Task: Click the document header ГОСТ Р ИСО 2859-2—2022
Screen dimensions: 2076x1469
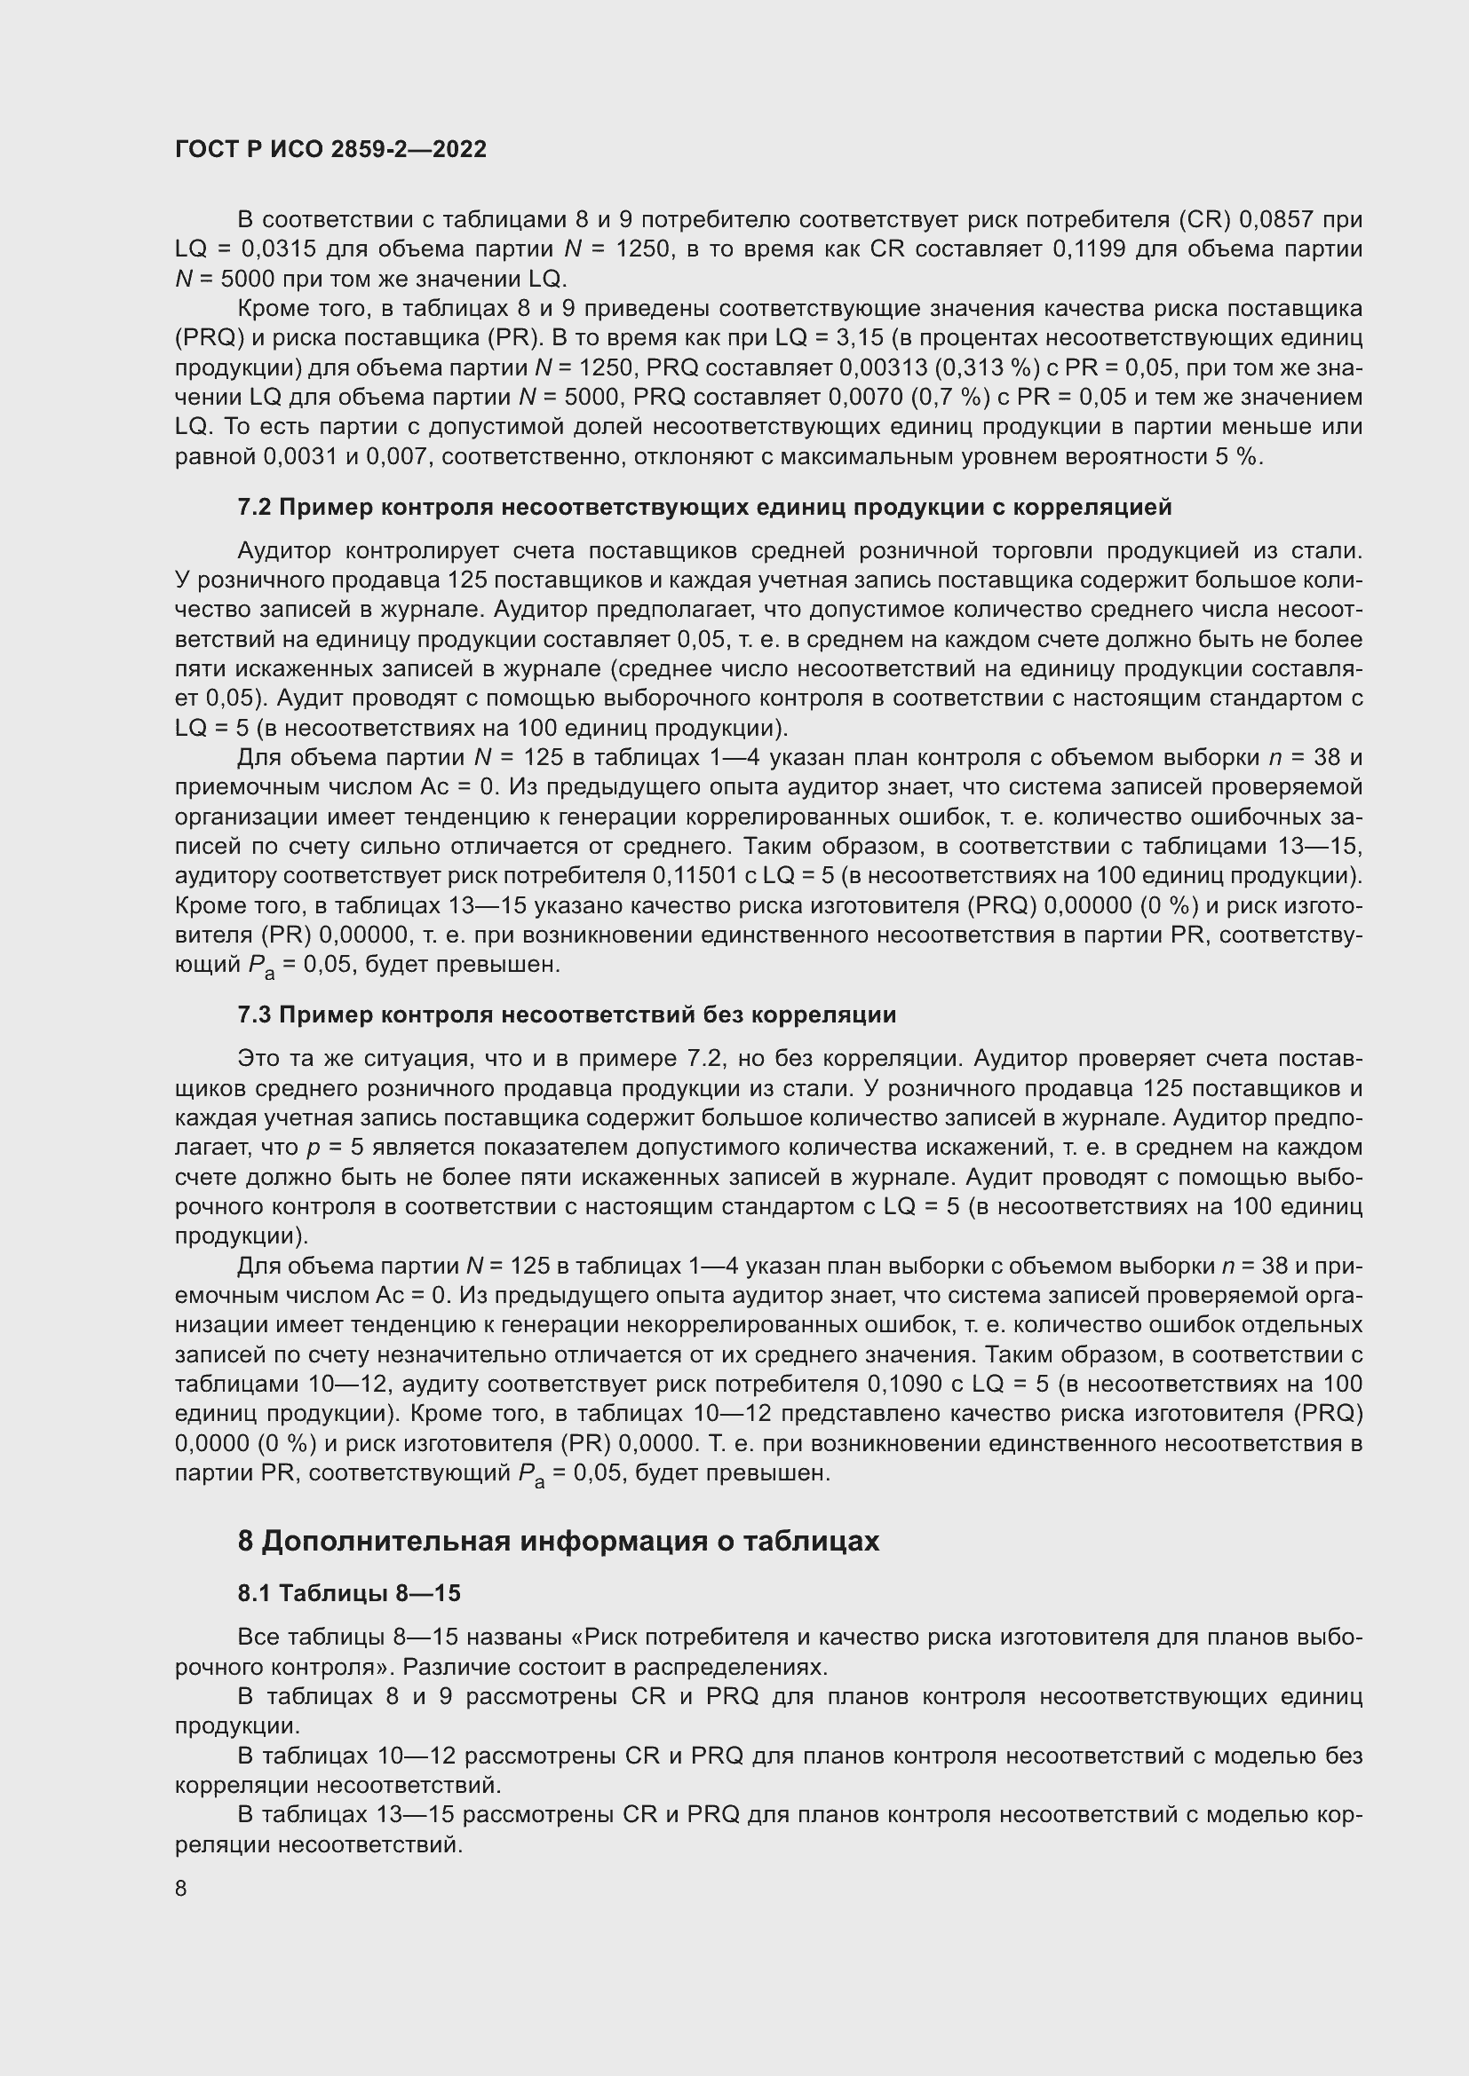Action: click(x=330, y=149)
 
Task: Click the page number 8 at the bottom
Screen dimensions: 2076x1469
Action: click(x=181, y=1888)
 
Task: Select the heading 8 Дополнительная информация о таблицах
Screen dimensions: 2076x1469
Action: click(x=558, y=1541)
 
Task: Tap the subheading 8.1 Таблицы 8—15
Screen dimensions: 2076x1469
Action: click(x=349, y=1593)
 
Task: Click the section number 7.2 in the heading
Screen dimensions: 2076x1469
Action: click(x=254, y=508)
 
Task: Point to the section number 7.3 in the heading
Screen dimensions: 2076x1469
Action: click(x=254, y=1014)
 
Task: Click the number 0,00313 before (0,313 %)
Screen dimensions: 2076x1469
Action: click(x=877, y=368)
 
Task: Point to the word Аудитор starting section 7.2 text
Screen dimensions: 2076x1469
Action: click(x=284, y=550)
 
